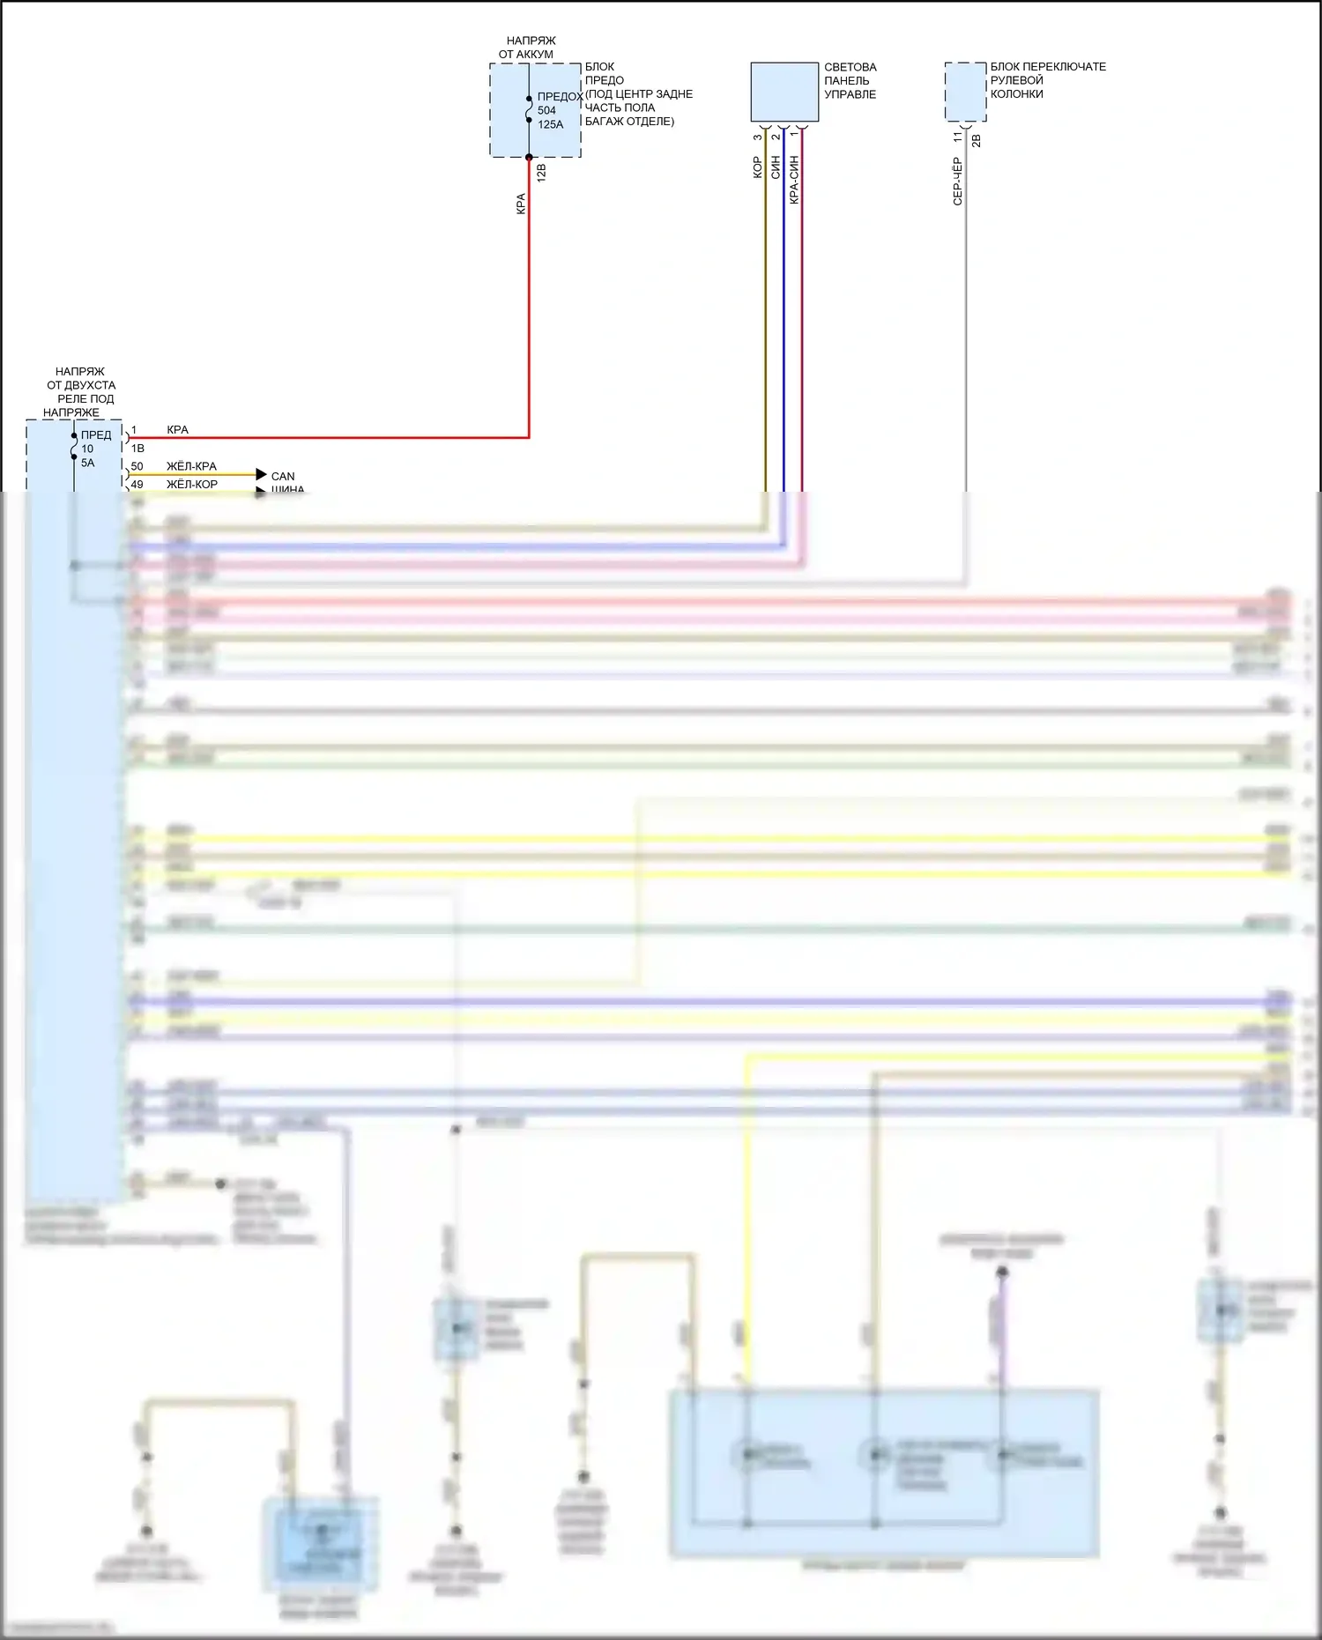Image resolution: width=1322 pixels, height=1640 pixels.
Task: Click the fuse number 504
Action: [546, 110]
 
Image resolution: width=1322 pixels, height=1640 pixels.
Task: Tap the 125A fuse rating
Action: [550, 124]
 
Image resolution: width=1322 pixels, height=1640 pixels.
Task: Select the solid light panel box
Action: [784, 92]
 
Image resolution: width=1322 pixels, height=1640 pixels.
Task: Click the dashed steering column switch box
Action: [965, 92]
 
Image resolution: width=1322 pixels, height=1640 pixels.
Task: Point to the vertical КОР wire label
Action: [757, 167]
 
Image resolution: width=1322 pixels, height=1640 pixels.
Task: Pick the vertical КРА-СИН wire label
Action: [794, 180]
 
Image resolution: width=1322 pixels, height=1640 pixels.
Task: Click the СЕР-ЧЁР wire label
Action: [957, 182]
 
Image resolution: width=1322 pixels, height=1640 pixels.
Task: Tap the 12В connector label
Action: [541, 172]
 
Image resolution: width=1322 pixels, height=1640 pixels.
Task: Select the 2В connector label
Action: [976, 139]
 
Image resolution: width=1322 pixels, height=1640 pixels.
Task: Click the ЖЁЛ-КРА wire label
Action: [191, 466]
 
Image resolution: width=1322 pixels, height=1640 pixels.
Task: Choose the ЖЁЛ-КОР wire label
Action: [192, 484]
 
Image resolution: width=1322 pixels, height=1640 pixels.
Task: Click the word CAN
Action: [283, 476]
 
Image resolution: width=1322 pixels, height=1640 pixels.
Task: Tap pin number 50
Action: [137, 466]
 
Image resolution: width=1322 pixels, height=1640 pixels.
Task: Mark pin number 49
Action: [137, 484]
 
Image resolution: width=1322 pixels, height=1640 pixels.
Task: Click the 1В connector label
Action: [137, 448]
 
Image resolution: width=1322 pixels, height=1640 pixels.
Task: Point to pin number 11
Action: [957, 137]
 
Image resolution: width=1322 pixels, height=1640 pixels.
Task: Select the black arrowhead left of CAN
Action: [261, 474]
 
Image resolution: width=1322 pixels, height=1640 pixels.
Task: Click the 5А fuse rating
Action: [87, 463]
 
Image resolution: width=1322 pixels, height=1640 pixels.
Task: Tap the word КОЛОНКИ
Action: [1016, 93]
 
